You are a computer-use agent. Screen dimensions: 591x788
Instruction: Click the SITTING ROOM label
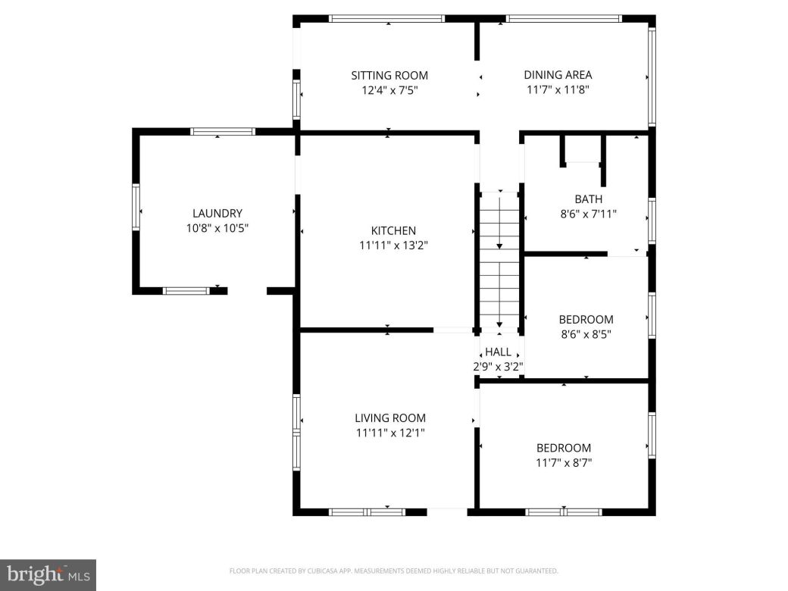pyautogui.click(x=389, y=75)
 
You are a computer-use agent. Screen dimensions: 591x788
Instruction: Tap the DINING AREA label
pyautogui.click(x=558, y=74)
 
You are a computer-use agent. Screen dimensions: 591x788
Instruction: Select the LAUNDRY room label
pyautogui.click(x=217, y=214)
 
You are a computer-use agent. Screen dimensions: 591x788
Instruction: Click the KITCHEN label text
pyautogui.click(x=392, y=231)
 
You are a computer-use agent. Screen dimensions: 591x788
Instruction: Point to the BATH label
pyautogui.click(x=588, y=199)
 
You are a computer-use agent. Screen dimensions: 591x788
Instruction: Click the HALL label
pyautogui.click(x=498, y=352)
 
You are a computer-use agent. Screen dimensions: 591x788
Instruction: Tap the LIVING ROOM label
pyautogui.click(x=390, y=417)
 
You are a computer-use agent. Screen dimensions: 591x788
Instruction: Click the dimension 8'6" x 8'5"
pyautogui.click(x=586, y=334)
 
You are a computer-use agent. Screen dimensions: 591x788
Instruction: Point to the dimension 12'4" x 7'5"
pyautogui.click(x=389, y=90)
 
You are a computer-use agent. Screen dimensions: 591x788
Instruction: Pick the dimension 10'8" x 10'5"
pyautogui.click(x=217, y=228)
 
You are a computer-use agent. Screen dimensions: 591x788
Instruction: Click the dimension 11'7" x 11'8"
pyautogui.click(x=558, y=89)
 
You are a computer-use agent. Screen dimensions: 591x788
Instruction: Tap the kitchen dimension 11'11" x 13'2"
pyautogui.click(x=392, y=245)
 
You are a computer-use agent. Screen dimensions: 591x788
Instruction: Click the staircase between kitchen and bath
pyautogui.click(x=499, y=258)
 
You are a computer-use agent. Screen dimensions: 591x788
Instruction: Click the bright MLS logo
pyautogui.click(x=47, y=574)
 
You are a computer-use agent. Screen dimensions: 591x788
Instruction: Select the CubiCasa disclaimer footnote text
pyautogui.click(x=393, y=571)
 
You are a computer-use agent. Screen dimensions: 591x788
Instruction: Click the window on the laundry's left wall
pyautogui.click(x=136, y=207)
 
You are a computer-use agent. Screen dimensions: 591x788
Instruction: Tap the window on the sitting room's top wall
pyautogui.click(x=386, y=18)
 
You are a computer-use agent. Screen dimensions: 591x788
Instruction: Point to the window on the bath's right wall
pyautogui.click(x=652, y=220)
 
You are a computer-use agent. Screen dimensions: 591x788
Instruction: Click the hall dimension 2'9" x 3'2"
pyautogui.click(x=498, y=367)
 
